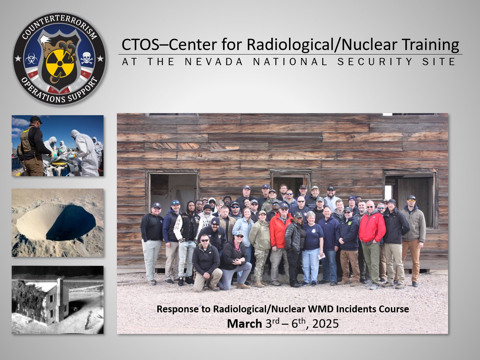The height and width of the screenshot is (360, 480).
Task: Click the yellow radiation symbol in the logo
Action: point(60,63)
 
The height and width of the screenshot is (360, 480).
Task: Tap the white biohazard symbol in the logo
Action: point(31,58)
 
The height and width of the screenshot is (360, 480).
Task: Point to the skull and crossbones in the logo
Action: point(86,58)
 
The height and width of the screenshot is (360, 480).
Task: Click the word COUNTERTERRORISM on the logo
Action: point(59,26)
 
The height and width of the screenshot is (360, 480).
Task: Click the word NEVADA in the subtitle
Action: point(214,62)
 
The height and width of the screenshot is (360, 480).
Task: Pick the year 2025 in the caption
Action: point(326,324)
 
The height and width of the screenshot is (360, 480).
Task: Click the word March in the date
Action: point(244,324)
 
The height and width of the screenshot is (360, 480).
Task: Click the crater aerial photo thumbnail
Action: point(58,223)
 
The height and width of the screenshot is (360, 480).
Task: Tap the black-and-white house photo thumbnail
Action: point(58,300)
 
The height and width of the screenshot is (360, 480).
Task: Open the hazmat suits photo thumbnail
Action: point(58,146)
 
